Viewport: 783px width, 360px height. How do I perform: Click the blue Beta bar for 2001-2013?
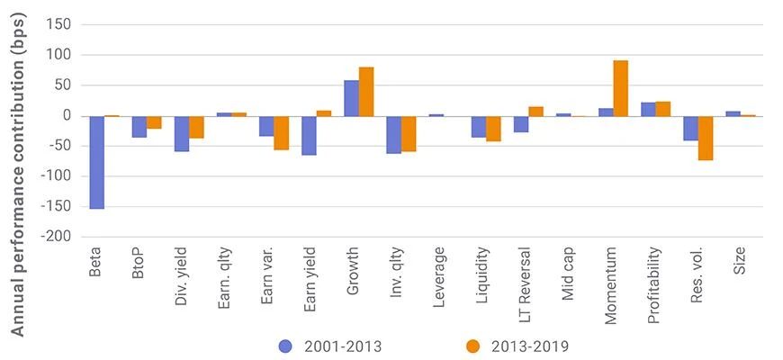pyautogui.click(x=96, y=163)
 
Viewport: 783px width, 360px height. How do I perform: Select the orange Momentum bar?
pyautogui.click(x=621, y=88)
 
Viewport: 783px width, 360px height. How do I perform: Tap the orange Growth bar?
pyautogui.click(x=366, y=92)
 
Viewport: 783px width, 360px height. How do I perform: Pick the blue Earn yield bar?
pyautogui.click(x=309, y=136)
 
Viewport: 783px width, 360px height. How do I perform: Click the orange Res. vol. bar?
pyautogui.click(x=706, y=139)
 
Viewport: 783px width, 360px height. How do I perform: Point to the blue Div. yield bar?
pyautogui.click(x=181, y=134)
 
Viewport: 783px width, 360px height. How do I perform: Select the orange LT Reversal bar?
pyautogui.click(x=535, y=112)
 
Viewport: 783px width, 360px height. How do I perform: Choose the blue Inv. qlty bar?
pyautogui.click(x=393, y=135)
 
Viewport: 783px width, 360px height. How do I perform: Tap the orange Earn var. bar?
pyautogui.click(x=281, y=133)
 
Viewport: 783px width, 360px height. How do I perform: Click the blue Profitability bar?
pyautogui.click(x=648, y=109)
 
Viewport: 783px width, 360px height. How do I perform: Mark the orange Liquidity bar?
pyautogui.click(x=493, y=129)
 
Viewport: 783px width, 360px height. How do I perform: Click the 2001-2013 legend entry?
pyautogui.click(x=330, y=346)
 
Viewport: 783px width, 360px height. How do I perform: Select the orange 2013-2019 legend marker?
pyautogui.click(x=472, y=346)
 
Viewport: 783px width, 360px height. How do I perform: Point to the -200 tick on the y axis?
pyautogui.click(x=58, y=237)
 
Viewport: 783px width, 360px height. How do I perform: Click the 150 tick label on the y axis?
pyautogui.click(x=60, y=24)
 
